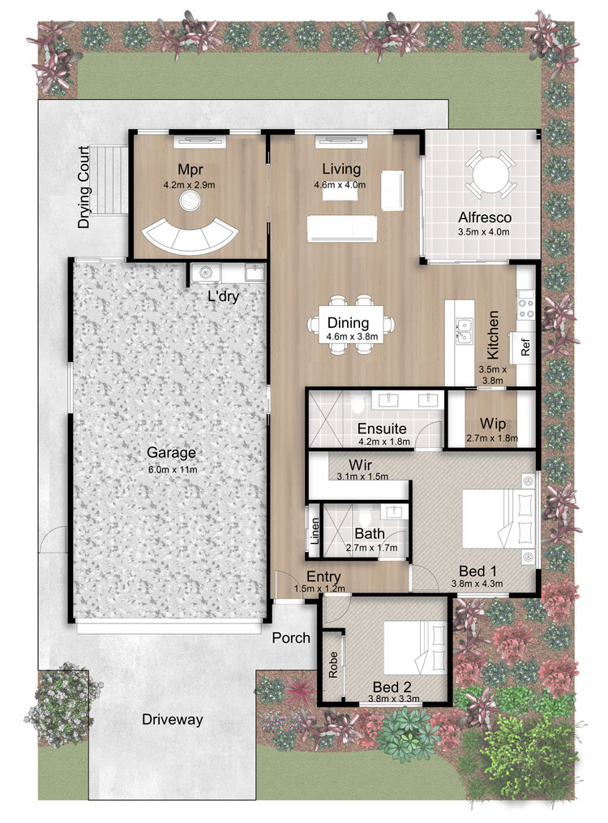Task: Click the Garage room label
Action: pos(171,452)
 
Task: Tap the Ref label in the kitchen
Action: pos(525,347)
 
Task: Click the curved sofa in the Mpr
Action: pos(190,237)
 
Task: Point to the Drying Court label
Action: pos(83,187)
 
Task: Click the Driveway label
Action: pos(173,719)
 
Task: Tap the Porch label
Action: pos(291,638)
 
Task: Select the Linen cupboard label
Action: pos(315,530)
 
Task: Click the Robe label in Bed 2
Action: pos(333,665)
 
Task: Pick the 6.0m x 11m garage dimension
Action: pos(173,469)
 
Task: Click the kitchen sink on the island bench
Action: pos(464,331)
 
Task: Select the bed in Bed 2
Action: pos(415,648)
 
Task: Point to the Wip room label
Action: pos(493,424)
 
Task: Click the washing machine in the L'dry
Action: pos(205,273)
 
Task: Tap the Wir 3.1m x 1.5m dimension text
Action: pos(362,476)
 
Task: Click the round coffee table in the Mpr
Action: pos(189,200)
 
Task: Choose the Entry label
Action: pos(323,577)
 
